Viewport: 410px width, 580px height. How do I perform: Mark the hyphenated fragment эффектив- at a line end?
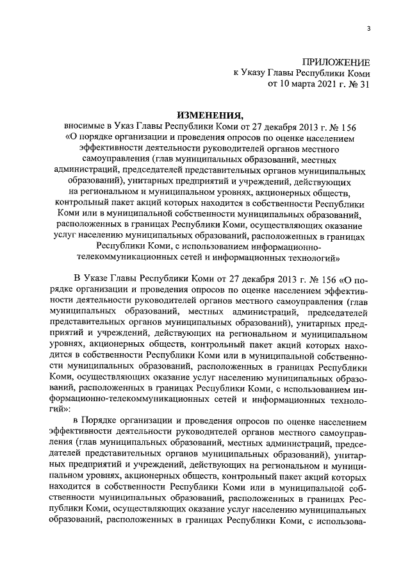tap(346, 290)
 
